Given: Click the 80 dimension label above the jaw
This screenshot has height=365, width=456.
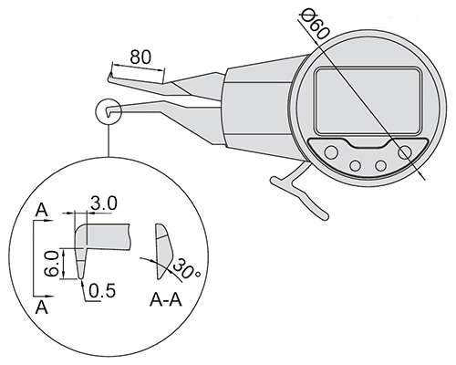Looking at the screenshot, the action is (140, 57).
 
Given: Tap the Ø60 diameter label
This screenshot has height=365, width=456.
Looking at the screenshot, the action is (315, 26).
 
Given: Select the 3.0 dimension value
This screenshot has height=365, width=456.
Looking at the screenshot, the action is (104, 203).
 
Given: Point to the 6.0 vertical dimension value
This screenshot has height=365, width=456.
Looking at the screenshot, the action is (50, 264).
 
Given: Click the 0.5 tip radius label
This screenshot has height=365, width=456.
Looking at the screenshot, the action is (102, 290).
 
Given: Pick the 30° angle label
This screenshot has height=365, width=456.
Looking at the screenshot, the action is (187, 268).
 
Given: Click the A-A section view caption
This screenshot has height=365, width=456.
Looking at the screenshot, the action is (166, 300).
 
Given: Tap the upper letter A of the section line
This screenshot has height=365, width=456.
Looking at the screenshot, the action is (42, 210).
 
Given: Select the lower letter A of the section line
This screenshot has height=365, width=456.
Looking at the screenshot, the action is (42, 308).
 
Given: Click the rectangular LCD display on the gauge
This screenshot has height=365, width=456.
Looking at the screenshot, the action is (368, 101).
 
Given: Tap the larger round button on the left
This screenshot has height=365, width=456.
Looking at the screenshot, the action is (331, 151).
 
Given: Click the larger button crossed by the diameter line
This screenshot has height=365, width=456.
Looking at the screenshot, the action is (405, 151).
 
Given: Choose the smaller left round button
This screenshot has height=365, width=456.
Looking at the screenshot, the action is (355, 166).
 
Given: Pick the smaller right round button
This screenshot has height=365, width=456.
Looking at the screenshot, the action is (380, 166).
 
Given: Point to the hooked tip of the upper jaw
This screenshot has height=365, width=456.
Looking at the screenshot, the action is (109, 78).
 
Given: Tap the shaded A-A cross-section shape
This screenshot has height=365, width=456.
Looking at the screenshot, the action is (164, 251).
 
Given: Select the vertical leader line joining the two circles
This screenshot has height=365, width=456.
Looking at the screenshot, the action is (108, 141).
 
